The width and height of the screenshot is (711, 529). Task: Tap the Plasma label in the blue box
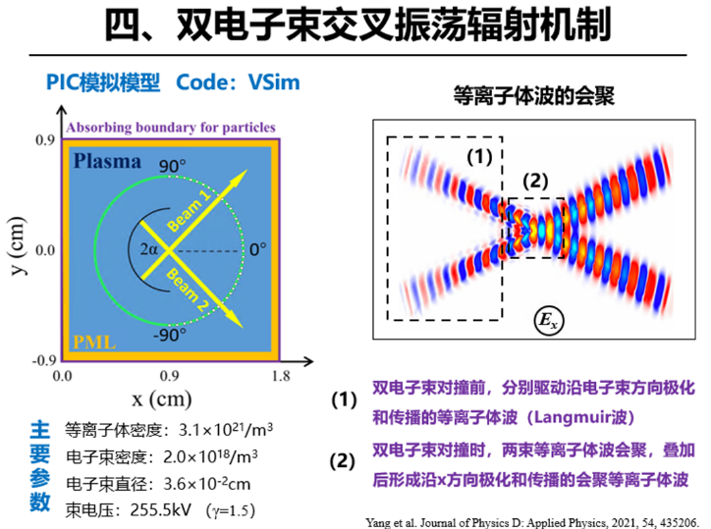point(108,162)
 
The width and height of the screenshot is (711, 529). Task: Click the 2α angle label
point(147,249)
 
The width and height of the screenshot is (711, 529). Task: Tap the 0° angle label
point(257,249)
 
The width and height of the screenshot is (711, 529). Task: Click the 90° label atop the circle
point(175,165)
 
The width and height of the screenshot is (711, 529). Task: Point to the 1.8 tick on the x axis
point(281,375)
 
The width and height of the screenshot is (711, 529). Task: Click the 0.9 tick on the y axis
point(45,141)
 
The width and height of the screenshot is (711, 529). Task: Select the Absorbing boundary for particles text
point(171,127)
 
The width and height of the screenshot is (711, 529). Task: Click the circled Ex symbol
point(546,318)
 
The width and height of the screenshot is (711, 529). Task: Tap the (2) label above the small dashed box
point(533,180)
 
